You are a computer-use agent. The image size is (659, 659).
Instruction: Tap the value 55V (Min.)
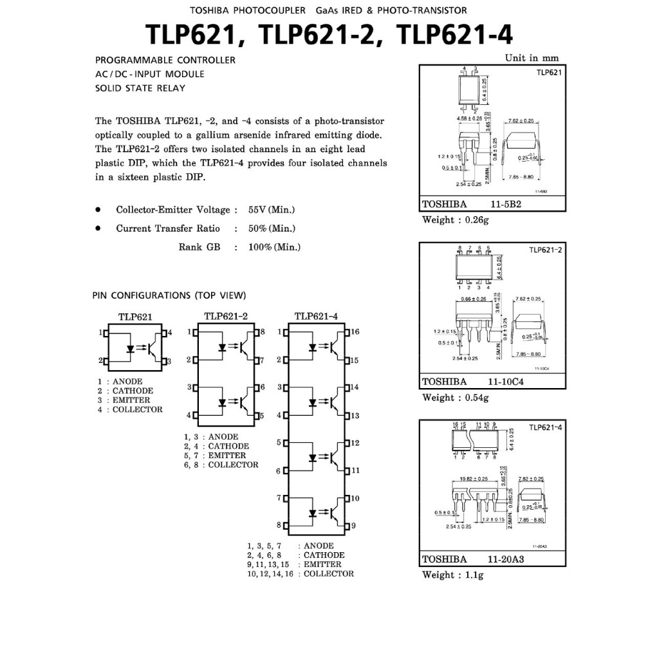point(272,210)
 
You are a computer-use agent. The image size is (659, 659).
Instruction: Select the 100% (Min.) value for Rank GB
point(274,247)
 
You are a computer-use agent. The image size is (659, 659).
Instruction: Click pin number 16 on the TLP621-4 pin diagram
point(355,332)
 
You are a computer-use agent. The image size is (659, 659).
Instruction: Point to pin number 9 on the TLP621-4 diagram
point(353,526)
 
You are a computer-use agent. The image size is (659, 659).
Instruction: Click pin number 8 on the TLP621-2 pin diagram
point(262,332)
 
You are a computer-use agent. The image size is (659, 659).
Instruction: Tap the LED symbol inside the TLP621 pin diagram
point(131,349)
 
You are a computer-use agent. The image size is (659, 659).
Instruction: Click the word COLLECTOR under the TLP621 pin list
point(138,409)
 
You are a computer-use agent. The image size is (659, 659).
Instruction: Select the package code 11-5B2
point(505,205)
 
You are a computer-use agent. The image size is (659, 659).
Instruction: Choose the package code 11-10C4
point(506,382)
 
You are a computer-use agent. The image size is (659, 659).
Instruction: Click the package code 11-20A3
point(506,559)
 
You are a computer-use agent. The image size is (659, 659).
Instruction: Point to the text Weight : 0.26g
point(456,220)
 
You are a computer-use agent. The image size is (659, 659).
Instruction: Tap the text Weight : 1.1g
point(452,575)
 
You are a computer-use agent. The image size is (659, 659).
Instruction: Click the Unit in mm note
point(532,58)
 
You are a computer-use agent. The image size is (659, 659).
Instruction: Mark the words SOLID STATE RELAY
point(140,88)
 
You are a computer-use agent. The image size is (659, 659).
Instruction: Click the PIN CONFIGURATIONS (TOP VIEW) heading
point(169,295)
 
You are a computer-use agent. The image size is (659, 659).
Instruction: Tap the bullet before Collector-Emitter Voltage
point(98,210)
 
